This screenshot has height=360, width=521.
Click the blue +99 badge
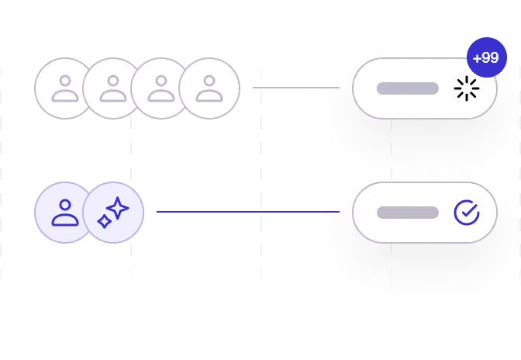pos(487,57)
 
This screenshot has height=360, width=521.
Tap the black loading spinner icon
pos(467,88)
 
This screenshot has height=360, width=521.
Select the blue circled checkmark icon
pos(467,213)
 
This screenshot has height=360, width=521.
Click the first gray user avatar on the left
pos(65,88)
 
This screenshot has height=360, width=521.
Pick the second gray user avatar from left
pos(113,88)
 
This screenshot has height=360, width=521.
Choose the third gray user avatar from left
pos(161,88)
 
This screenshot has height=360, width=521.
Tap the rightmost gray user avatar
pos(209,88)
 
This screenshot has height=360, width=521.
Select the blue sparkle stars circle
pos(113,213)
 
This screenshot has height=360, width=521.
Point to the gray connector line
pos(296,88)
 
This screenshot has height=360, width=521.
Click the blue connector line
pos(248,212)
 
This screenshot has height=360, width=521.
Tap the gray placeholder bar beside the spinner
pos(408,88)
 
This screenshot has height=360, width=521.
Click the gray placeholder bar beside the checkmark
pos(408,213)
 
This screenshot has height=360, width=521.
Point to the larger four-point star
pos(118,208)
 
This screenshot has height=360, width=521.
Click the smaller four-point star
pos(105,221)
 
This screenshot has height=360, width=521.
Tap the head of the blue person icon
pos(65,204)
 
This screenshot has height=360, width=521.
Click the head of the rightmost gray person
pos(209,81)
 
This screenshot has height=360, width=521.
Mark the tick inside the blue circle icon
pos(469,211)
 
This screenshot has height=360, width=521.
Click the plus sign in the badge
pos(477,59)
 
